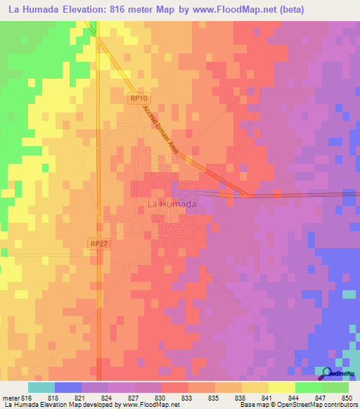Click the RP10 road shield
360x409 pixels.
click(138, 99)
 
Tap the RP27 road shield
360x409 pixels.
click(98, 242)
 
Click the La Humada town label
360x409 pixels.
click(172, 204)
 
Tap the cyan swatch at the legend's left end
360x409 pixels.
click(41, 387)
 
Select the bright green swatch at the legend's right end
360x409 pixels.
click(335, 387)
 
